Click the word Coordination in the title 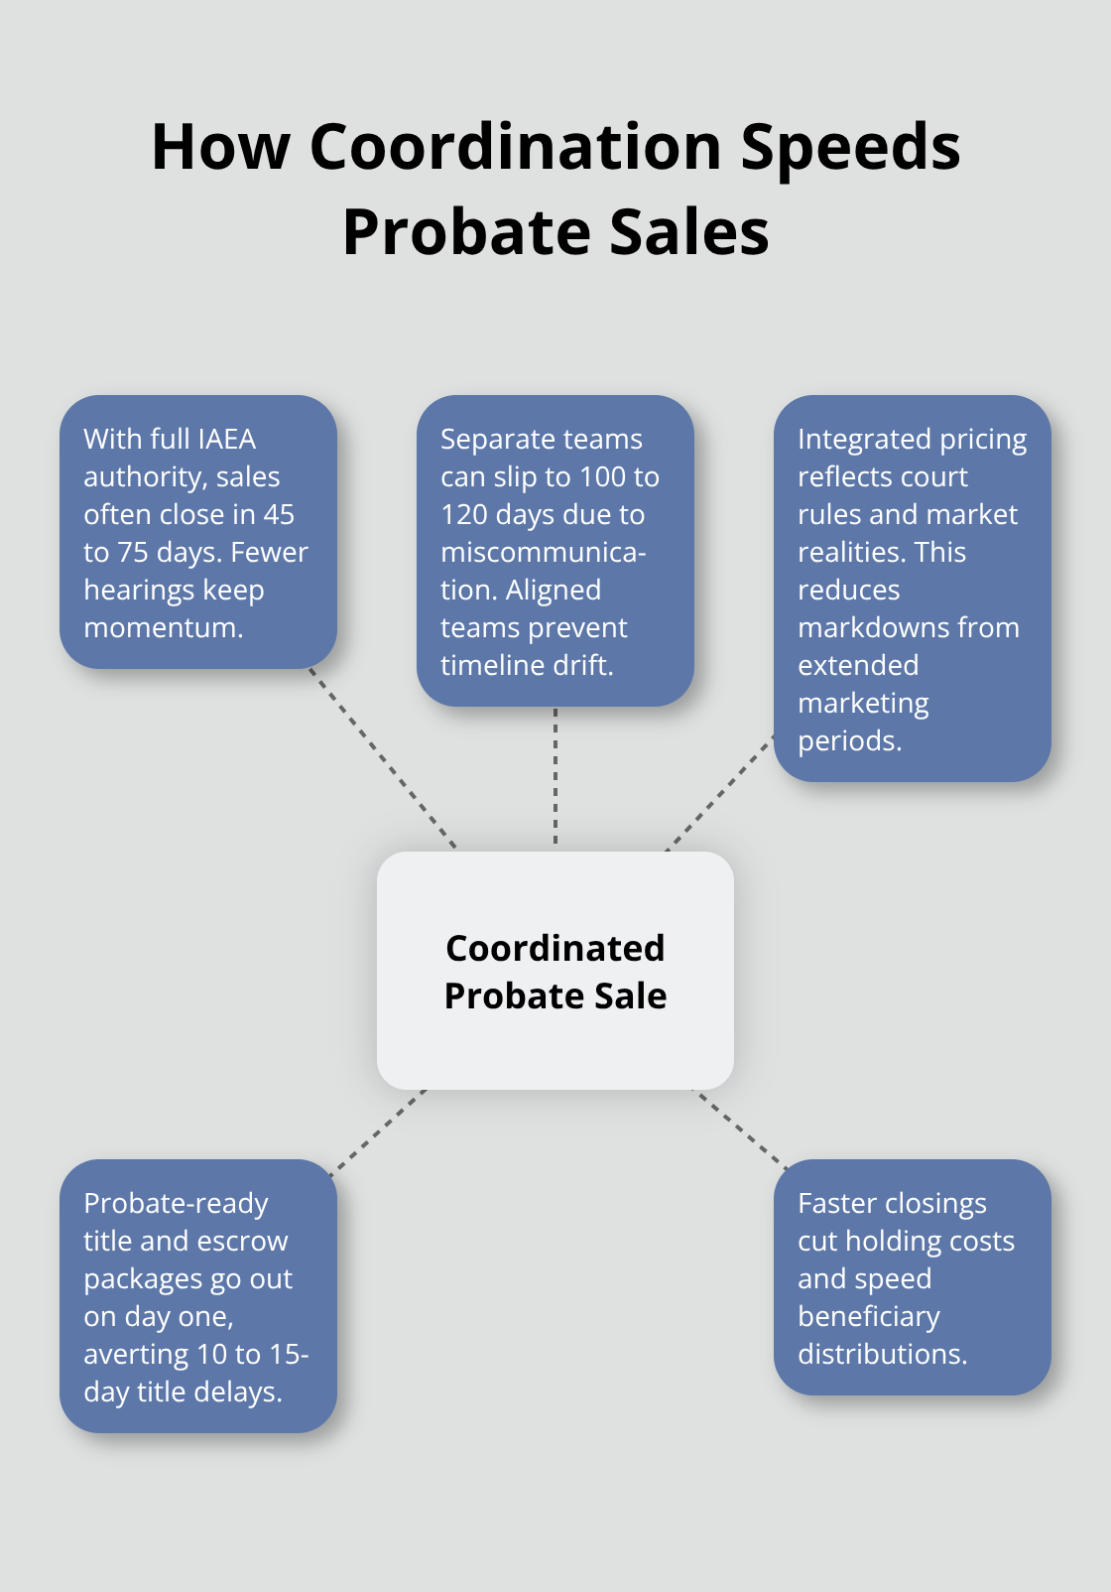point(515,147)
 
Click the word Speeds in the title point(850,147)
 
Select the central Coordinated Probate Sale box point(555,971)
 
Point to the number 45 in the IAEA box point(279,514)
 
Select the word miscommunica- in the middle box point(544,552)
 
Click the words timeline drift point(527,665)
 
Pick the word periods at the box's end point(849,740)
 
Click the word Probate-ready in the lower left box point(176,1203)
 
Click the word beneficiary point(868,1316)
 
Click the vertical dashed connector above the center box point(555,776)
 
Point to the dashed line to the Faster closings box point(740,1128)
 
